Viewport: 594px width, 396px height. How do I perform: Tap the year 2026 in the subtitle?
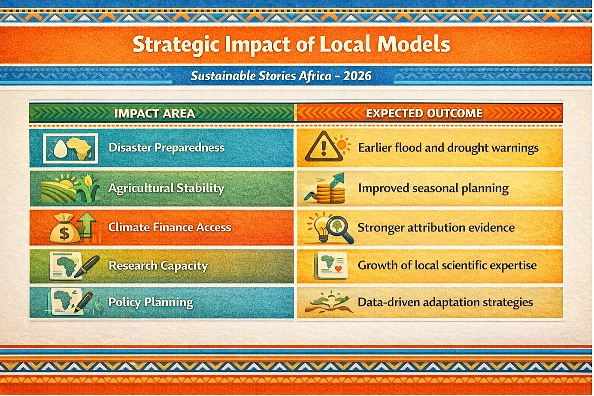pyautogui.click(x=357, y=76)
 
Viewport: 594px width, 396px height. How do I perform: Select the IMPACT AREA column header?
pyautogui.click(x=155, y=113)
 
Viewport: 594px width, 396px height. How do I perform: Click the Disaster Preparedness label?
pyautogui.click(x=167, y=148)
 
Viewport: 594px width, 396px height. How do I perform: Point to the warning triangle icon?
pyautogui.click(x=324, y=146)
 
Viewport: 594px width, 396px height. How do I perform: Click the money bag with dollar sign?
pyautogui.click(x=64, y=228)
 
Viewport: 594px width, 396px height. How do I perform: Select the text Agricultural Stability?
pyautogui.click(x=166, y=188)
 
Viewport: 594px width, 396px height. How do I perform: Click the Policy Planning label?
pyautogui.click(x=151, y=302)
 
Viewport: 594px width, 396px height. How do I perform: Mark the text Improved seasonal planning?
pyautogui.click(x=433, y=189)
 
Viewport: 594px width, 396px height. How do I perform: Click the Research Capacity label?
pyautogui.click(x=158, y=266)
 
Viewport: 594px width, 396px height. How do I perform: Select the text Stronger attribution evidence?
pyautogui.click(x=436, y=228)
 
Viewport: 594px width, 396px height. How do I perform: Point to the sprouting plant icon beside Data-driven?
pyautogui.click(x=329, y=302)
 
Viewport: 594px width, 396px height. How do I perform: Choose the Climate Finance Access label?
pyautogui.click(x=170, y=228)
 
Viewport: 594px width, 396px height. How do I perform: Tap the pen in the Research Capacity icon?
pyautogui.click(x=87, y=266)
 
